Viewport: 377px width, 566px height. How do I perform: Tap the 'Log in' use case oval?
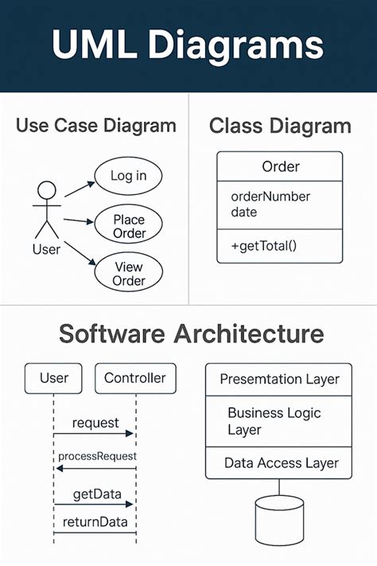click(127, 176)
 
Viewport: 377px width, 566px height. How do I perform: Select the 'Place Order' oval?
click(129, 226)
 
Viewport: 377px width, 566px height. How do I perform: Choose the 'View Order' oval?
click(129, 274)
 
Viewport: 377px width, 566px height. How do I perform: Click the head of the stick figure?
click(47, 191)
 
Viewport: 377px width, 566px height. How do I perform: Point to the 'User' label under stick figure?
click(46, 249)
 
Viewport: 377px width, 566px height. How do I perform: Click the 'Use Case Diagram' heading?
click(95, 126)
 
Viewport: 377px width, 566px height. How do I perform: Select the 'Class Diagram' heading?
click(279, 126)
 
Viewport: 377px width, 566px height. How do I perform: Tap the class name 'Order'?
click(280, 167)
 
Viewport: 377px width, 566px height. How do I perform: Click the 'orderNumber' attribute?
click(270, 197)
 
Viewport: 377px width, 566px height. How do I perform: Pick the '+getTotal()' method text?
click(263, 245)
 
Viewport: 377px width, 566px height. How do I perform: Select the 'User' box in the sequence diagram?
click(54, 378)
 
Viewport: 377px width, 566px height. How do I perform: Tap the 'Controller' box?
click(134, 378)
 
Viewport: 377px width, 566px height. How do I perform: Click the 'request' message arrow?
click(94, 433)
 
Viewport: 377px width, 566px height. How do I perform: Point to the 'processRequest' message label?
click(97, 456)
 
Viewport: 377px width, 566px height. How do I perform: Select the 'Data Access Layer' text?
click(282, 463)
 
